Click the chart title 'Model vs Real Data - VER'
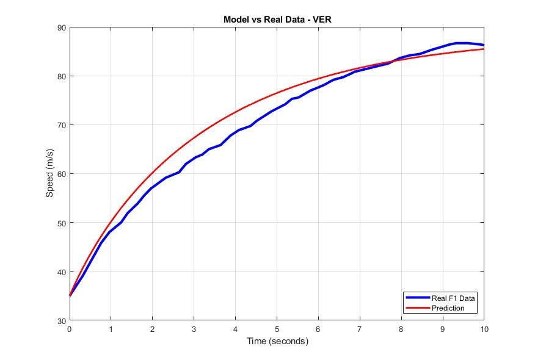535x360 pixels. (277, 20)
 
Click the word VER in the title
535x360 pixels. (322, 20)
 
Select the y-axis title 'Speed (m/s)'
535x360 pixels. (49, 174)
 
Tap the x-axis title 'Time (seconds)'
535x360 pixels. (277, 342)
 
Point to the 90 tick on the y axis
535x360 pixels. (62, 27)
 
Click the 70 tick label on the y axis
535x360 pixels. (62, 125)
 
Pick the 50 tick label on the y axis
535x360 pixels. (62, 223)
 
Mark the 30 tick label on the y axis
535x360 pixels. (62, 320)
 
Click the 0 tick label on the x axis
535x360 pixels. (70, 329)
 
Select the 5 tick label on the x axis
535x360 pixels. (277, 329)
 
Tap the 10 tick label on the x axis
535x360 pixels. (484, 329)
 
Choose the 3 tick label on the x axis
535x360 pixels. (194, 329)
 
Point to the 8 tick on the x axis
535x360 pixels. (401, 329)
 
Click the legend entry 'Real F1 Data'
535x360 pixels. (453, 298)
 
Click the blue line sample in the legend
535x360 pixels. (417, 298)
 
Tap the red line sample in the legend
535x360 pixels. (417, 308)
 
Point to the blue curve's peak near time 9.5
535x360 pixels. (462, 43)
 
